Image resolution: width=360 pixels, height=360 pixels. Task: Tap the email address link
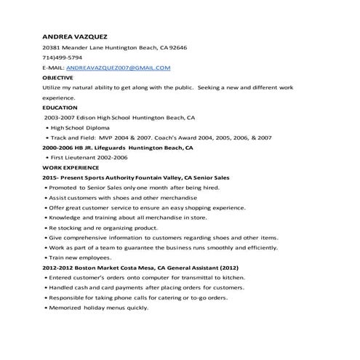(117, 68)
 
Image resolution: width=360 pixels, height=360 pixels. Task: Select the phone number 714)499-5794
(62, 57)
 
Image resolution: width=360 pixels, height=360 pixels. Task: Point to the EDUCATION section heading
(59, 107)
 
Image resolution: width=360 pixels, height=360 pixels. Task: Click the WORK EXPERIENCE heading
(71, 167)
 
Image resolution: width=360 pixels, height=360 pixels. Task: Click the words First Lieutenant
(75, 157)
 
